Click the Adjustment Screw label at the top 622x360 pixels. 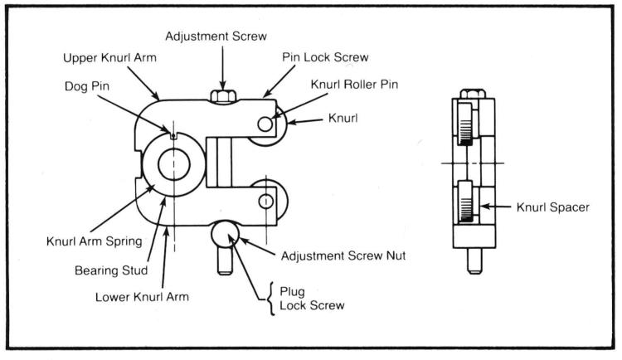click(216, 36)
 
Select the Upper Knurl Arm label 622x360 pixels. click(109, 58)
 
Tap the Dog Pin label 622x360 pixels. click(87, 86)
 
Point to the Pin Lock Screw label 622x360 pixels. click(325, 57)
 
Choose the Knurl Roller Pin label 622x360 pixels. click(354, 85)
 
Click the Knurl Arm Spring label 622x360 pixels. click(95, 241)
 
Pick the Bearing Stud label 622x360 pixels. click(111, 270)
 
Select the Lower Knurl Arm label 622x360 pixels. click(142, 297)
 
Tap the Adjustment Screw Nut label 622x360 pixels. click(343, 255)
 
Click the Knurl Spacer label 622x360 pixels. click(552, 207)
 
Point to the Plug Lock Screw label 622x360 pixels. click(312, 299)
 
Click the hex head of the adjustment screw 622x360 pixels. click(223, 96)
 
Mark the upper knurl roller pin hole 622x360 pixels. click(265, 124)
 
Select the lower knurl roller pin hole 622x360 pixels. click(265, 202)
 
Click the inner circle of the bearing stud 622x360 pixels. click(174, 164)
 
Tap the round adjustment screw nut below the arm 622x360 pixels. click(225, 234)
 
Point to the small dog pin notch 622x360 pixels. click(173, 136)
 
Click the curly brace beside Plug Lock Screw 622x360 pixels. click(271, 299)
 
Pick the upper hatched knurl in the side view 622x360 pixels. click(465, 124)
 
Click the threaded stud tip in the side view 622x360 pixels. click(474, 261)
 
